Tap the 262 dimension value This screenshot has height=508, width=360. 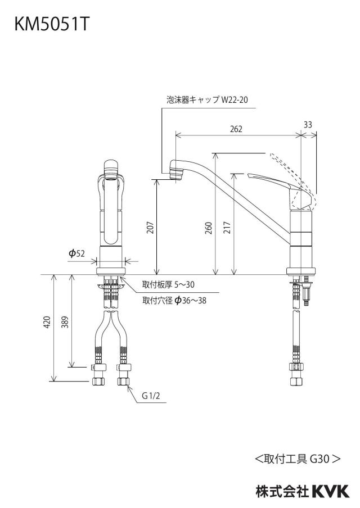tap(236, 129)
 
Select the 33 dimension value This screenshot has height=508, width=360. tap(308, 124)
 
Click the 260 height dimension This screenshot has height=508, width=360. tap(209, 228)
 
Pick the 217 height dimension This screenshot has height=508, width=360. tap(227, 228)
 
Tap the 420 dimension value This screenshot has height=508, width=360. tap(47, 322)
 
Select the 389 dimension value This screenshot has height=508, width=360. tap(65, 322)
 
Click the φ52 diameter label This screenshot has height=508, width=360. tap(77, 253)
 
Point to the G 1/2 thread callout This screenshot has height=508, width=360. tap(151, 396)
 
